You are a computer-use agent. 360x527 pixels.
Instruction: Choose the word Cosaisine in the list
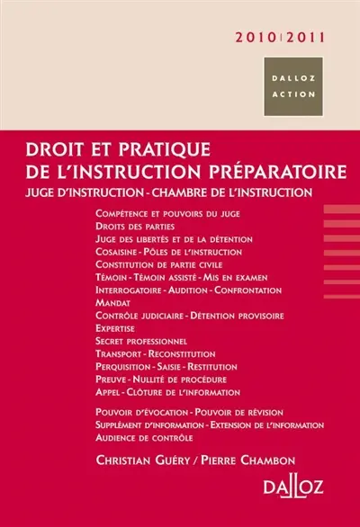pyautogui.click(x=115, y=253)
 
